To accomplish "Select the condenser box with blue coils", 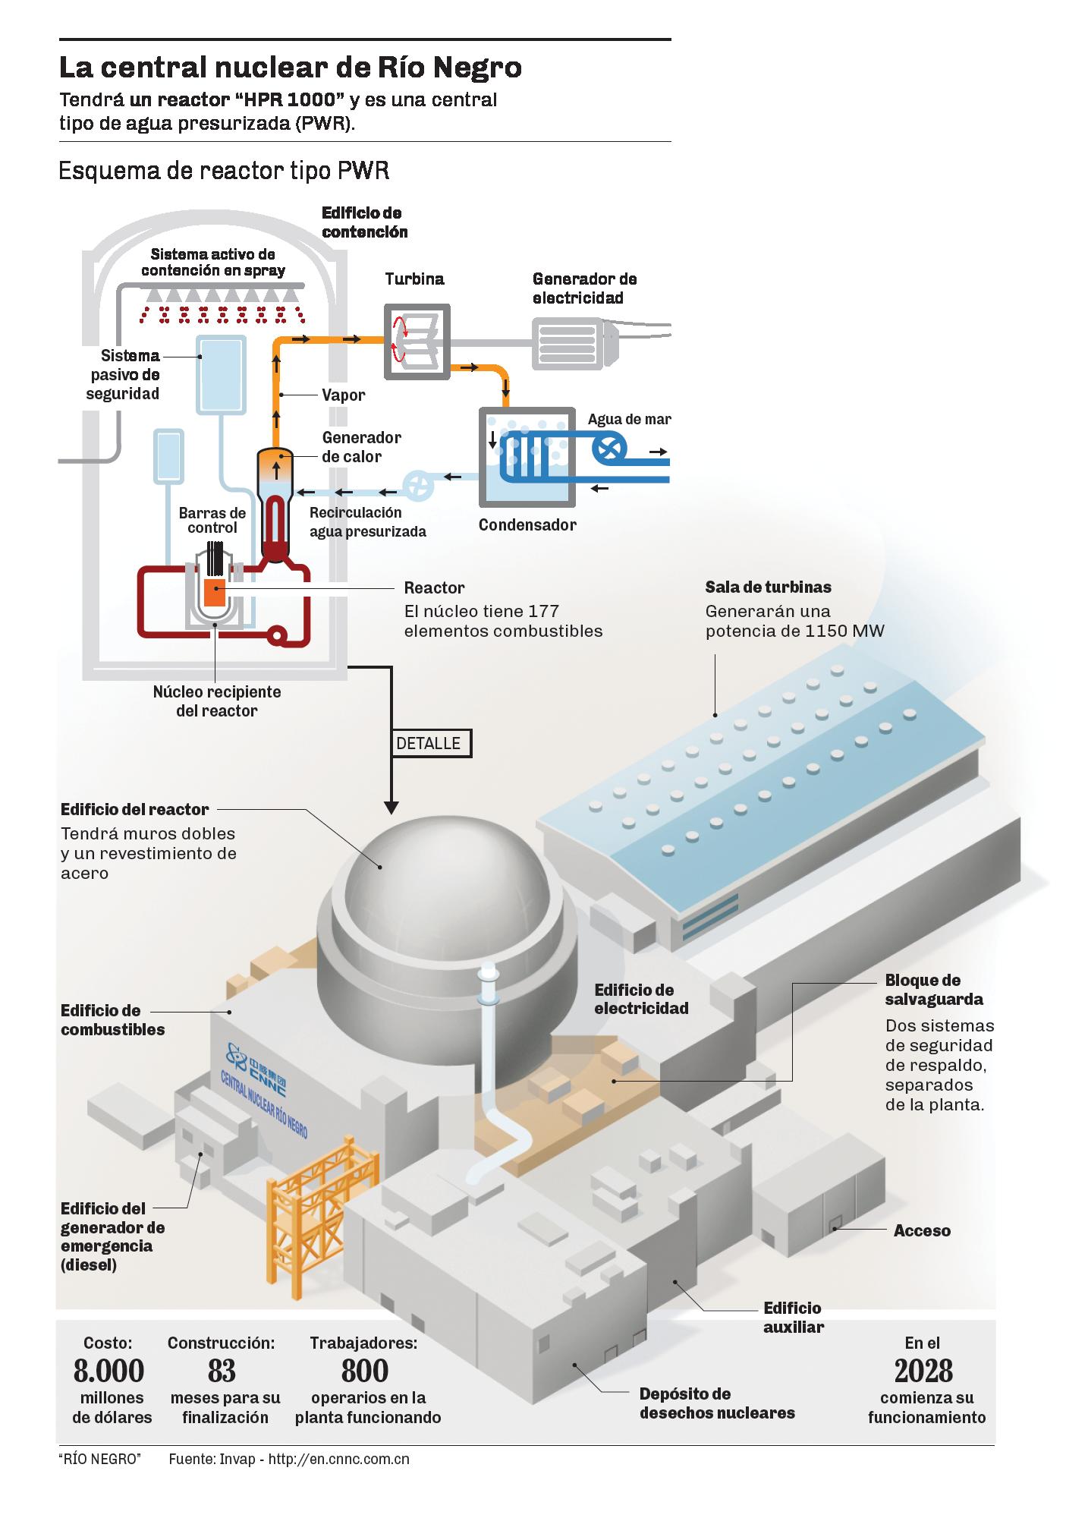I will pos(526,458).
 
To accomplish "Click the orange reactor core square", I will pos(214,592).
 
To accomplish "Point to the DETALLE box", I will pos(430,743).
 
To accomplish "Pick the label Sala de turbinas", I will pos(768,587).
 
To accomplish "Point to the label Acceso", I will pos(922,1230).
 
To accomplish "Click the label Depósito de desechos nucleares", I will pos(717,1403).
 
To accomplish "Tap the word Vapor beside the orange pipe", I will pos(343,395).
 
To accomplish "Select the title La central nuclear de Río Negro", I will pos(291,68).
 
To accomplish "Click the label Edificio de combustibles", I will pos(112,1020).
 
